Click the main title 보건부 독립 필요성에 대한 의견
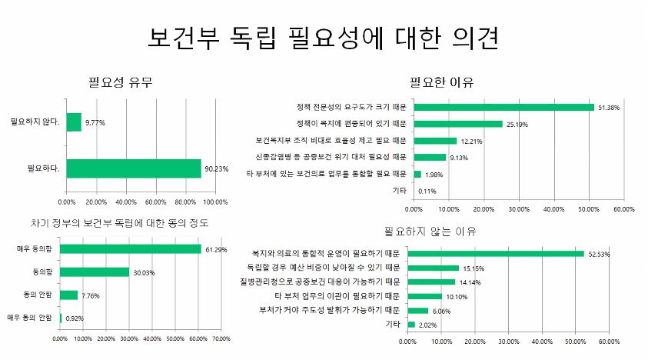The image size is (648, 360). coord(324,38)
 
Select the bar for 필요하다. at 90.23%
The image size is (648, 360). coord(134,168)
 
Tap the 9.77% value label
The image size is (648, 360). coord(95,122)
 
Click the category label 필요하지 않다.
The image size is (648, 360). coord(36,122)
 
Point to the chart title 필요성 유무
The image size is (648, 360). coord(121,82)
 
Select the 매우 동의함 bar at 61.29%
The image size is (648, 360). coord(130,249)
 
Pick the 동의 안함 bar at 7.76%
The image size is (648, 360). coord(68,295)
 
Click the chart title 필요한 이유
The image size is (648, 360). coord(441,82)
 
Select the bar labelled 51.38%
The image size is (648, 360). coord(503,107)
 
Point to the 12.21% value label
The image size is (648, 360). coord(470,141)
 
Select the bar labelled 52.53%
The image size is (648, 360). coord(496,253)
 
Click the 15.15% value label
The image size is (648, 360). coord(473,268)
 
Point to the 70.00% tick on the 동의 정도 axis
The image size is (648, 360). coord(221,337)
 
